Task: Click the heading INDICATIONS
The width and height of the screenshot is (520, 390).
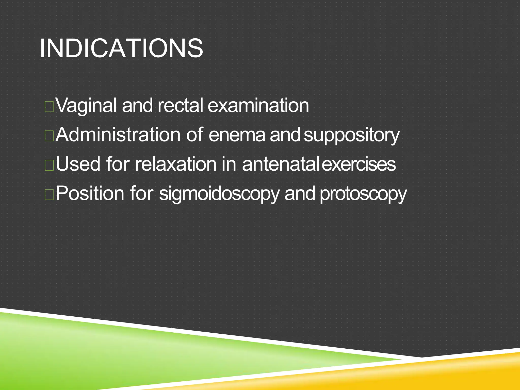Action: coord(121,48)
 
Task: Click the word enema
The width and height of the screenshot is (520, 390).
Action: coord(237,135)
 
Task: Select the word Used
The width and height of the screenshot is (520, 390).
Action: coord(78,164)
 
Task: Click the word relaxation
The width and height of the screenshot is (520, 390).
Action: coord(175,164)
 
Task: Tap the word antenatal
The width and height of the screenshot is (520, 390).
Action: coord(280,164)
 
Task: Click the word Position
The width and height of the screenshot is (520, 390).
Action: coord(90,193)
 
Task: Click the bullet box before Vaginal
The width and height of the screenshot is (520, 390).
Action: coord(49,107)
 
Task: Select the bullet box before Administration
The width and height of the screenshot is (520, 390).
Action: coord(49,136)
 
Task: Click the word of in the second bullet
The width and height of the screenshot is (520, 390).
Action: coord(195,135)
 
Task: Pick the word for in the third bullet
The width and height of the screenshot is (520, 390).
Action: coord(118,164)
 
